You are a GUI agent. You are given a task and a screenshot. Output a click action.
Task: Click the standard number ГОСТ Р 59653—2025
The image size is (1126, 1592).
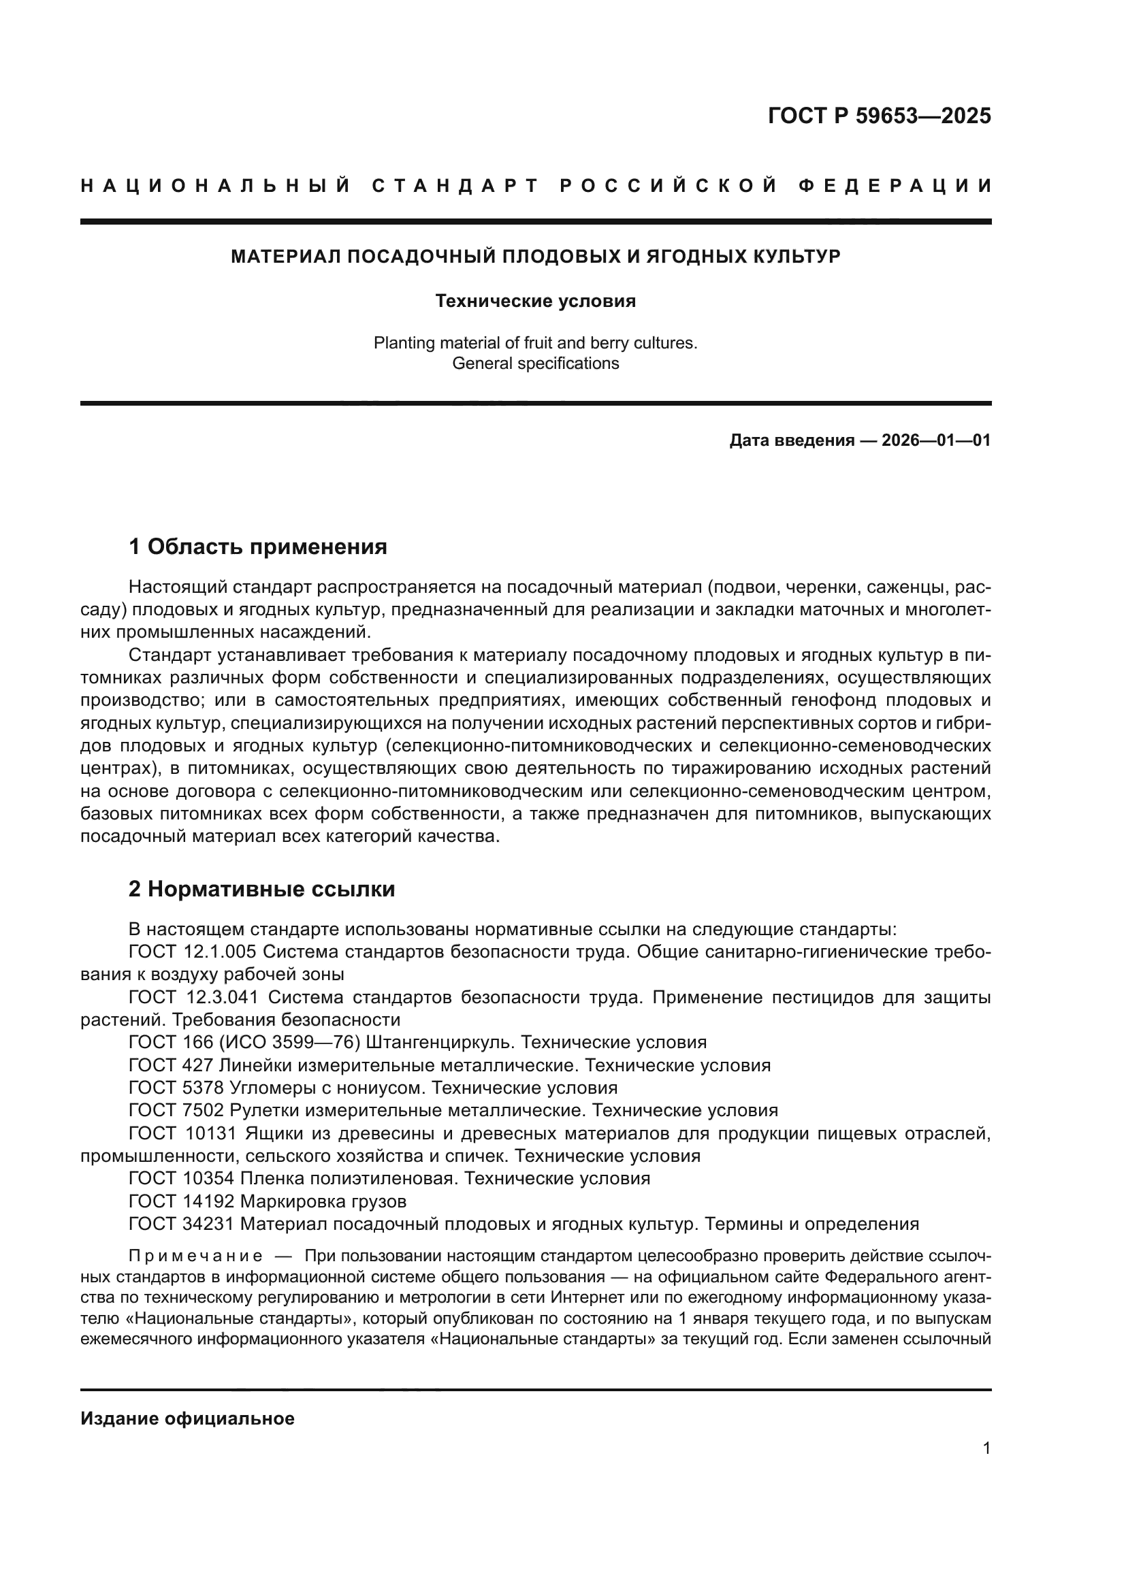tap(879, 116)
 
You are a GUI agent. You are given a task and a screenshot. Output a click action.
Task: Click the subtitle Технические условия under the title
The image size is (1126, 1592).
tap(535, 301)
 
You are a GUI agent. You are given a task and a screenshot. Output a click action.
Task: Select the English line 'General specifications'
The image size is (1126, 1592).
tap(535, 363)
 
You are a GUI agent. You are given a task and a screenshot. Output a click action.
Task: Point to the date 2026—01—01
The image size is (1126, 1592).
tap(936, 440)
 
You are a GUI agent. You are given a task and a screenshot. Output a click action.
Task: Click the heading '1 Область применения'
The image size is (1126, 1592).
tap(258, 547)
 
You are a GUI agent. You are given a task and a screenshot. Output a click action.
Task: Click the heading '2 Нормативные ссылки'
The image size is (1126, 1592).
tap(261, 889)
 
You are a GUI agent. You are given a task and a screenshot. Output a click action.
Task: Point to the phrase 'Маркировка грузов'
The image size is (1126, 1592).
tap(323, 1201)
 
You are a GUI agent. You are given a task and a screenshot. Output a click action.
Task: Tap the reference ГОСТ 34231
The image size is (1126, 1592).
tap(182, 1224)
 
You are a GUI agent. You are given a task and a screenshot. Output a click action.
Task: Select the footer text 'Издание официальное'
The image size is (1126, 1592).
tap(187, 1418)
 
